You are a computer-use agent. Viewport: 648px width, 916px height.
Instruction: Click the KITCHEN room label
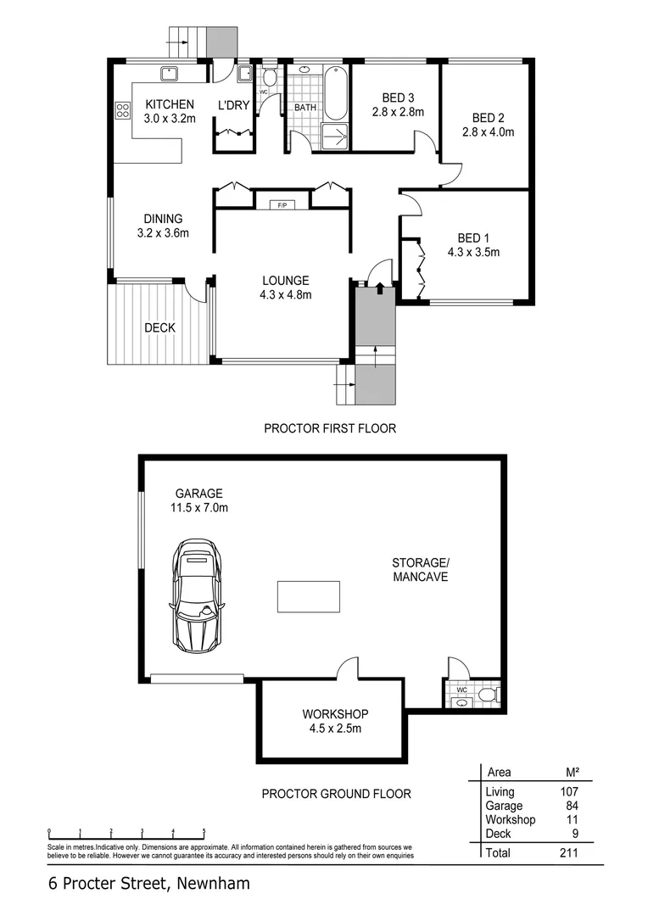pyautogui.click(x=169, y=104)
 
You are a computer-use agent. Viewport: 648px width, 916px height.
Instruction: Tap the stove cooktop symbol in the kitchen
pyautogui.click(x=122, y=109)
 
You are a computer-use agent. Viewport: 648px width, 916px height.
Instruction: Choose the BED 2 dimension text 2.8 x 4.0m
pyautogui.click(x=488, y=132)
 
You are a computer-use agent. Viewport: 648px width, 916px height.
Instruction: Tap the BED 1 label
pyautogui.click(x=473, y=237)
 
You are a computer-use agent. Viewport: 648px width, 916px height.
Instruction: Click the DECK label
pyautogui.click(x=159, y=328)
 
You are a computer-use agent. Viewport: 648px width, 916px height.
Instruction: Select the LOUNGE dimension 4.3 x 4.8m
pyautogui.click(x=285, y=295)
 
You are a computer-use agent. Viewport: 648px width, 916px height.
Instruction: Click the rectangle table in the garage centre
pyautogui.click(x=309, y=596)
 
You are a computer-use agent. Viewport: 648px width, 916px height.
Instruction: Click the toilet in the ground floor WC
pyautogui.click(x=487, y=695)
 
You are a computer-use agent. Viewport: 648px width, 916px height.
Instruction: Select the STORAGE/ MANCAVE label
pyautogui.click(x=419, y=569)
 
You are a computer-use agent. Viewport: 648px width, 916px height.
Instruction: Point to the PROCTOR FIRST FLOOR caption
pyautogui.click(x=330, y=428)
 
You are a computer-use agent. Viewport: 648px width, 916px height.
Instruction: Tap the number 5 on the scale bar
pyautogui.click(x=204, y=831)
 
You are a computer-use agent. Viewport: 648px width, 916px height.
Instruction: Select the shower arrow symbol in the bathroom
pyautogui.click(x=335, y=136)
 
